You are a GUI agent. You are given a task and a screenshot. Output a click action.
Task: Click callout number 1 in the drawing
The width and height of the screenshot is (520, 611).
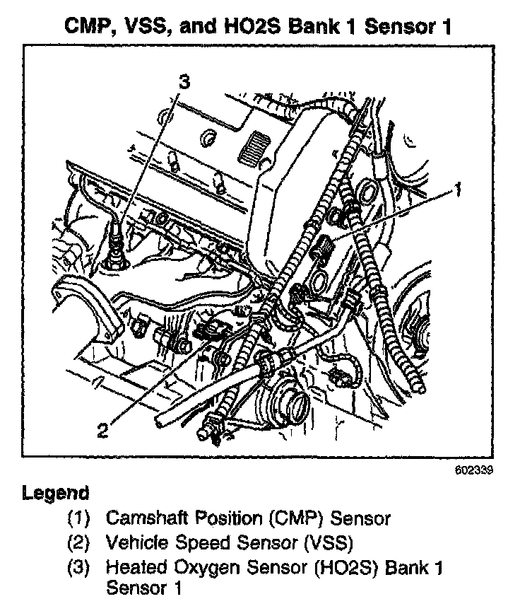pyautogui.click(x=458, y=189)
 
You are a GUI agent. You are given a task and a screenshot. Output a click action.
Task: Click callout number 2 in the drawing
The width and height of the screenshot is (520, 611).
pyautogui.click(x=103, y=429)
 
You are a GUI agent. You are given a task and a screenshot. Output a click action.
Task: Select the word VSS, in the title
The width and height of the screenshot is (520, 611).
pyautogui.click(x=151, y=27)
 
